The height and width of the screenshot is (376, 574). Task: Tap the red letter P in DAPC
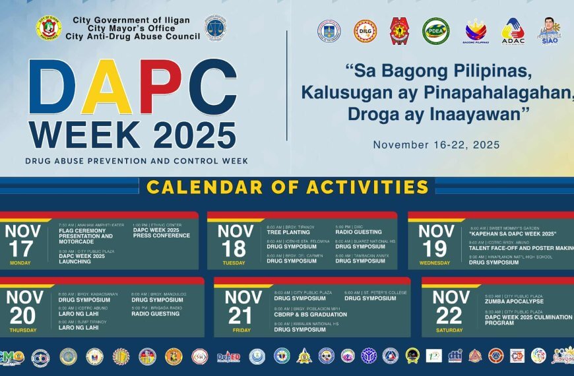156,88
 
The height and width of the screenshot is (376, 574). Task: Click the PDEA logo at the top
435,30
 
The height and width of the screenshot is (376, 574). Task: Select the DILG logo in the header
365,30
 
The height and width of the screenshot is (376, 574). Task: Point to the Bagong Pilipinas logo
476,31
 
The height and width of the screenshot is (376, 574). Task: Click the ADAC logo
513,31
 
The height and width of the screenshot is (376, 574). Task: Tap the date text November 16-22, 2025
436,144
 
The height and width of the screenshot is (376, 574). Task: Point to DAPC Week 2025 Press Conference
161,233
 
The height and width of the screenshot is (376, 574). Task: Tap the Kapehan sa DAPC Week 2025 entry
513,234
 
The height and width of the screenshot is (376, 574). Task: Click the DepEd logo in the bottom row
228,356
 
